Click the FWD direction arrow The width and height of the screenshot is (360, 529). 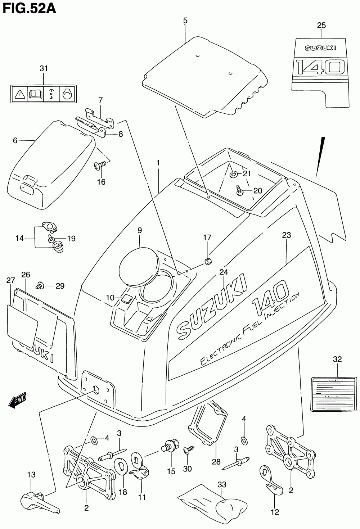pos(17,401)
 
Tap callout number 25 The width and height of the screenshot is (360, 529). pos(321,25)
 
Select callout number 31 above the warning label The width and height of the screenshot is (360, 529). pos(44,68)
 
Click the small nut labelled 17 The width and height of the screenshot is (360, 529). pos(207,261)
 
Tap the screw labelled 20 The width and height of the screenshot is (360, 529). pos(239,190)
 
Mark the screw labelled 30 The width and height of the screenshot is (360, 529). pos(188,449)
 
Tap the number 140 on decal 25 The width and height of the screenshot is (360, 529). pos(319,67)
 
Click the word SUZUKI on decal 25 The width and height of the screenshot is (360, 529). pos(320,48)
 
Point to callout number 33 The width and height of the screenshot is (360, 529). pos(222,485)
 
